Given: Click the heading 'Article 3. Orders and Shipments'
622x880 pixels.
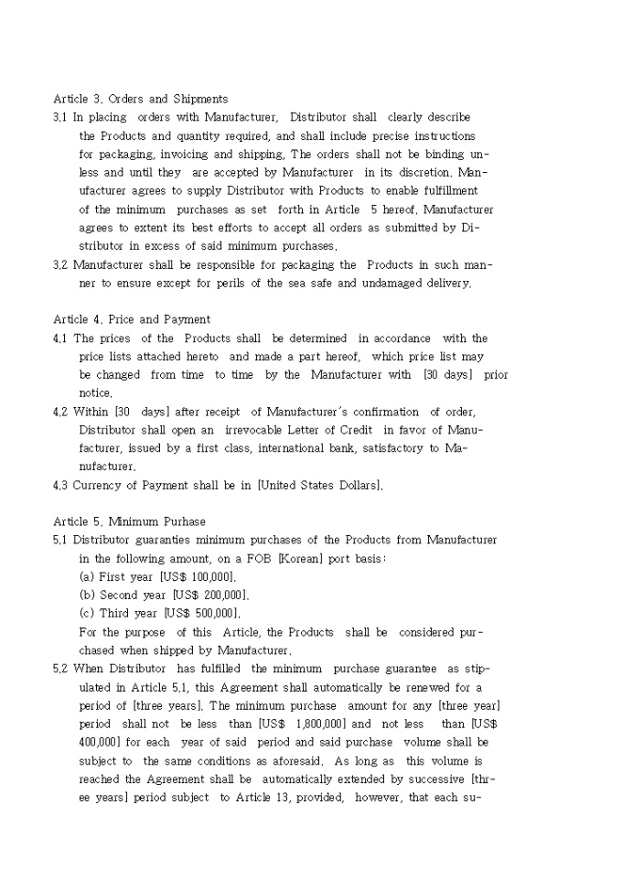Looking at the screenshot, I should point(141,99).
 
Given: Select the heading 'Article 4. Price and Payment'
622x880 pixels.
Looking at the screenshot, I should point(132,319).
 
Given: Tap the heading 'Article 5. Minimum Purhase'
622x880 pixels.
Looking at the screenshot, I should point(129,521).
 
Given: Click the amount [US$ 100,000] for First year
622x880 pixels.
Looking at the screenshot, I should point(198,577).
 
